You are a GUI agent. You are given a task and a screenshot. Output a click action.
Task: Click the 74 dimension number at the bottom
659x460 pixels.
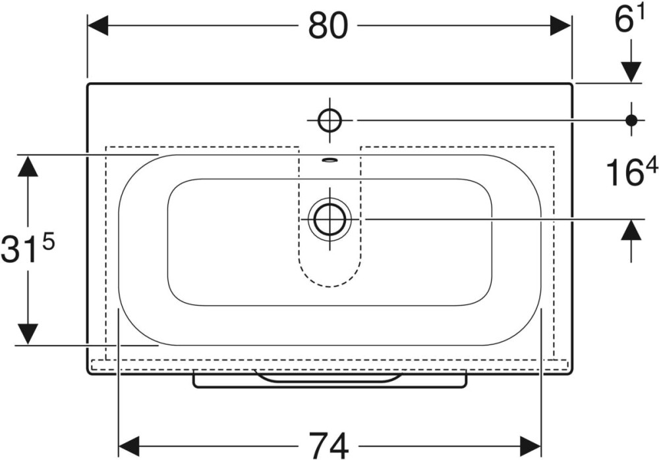(328, 446)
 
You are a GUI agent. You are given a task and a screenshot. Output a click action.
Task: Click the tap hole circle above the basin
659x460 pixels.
(329, 120)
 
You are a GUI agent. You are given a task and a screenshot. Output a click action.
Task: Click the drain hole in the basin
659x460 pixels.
(330, 218)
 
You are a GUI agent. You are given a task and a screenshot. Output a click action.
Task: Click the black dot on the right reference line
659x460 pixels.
(631, 120)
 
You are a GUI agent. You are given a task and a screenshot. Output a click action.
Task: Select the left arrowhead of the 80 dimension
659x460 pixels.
(98, 26)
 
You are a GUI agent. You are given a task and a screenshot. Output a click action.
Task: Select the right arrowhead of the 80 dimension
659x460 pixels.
(560, 26)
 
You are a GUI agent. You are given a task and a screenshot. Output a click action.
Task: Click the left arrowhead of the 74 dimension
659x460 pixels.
(129, 446)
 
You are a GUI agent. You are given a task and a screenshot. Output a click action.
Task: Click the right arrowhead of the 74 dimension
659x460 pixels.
(530, 446)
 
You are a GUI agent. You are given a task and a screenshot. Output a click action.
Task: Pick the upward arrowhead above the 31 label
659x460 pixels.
(28, 165)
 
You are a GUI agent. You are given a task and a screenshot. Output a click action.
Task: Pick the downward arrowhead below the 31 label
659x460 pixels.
(28, 334)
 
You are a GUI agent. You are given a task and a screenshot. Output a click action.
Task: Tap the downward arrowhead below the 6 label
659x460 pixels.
(631, 72)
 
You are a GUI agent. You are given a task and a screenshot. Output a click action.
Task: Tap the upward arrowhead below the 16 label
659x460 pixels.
(631, 230)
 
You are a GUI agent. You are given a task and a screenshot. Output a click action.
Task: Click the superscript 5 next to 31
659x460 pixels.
(49, 243)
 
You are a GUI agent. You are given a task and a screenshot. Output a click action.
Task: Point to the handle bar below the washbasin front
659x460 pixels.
(329, 379)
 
